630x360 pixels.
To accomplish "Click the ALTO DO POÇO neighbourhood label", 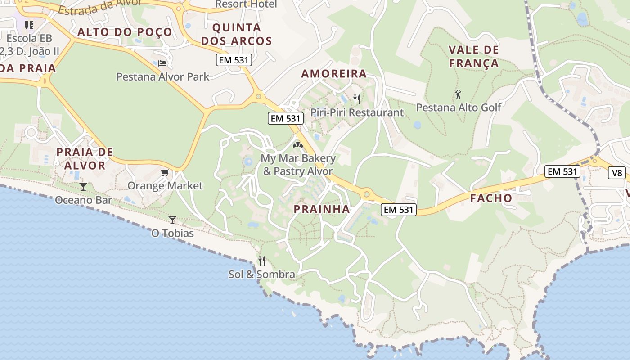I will click(x=125, y=32).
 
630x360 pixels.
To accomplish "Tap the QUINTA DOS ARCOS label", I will click(x=237, y=34).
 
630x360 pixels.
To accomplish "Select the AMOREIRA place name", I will click(x=334, y=74).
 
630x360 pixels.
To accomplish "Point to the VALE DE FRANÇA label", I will click(x=474, y=56).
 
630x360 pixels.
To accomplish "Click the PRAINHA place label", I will click(x=322, y=209).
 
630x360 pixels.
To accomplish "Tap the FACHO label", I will click(x=491, y=198).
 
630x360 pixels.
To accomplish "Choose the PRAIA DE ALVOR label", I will click(x=85, y=158).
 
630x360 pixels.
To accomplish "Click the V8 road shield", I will click(x=616, y=173).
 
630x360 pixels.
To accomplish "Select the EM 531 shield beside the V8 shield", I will click(x=562, y=171).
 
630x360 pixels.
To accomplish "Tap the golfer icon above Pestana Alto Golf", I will click(x=458, y=94).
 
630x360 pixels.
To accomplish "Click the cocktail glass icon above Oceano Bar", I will click(x=83, y=186).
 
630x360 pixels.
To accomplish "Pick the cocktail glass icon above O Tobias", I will click(x=172, y=220).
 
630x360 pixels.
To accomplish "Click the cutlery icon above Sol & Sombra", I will click(x=262, y=261).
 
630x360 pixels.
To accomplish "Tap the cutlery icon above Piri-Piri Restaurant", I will click(x=357, y=99).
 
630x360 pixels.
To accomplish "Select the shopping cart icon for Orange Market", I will click(x=165, y=172).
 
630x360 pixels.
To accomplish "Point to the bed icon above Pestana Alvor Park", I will click(x=162, y=63).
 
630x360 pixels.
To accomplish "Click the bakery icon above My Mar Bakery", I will click(x=297, y=145).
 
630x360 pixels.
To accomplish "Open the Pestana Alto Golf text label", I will click(x=458, y=108).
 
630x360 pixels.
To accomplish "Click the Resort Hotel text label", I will click(x=246, y=4).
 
